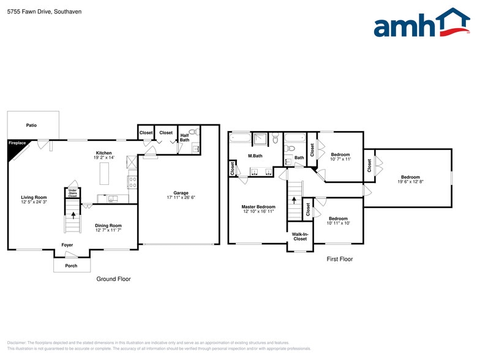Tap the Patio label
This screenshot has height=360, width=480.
31,126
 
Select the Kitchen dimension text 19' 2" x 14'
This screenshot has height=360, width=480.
103,158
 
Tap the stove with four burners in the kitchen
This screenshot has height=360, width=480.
132,181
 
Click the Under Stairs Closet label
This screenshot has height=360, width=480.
72,193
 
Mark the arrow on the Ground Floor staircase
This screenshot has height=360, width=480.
73,215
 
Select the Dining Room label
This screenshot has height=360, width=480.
108,225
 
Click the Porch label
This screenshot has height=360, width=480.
71,266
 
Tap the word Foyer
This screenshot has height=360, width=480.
67,245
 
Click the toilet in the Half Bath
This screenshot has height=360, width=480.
192,131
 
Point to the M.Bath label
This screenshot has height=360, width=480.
255,156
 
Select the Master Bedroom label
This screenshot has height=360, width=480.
258,207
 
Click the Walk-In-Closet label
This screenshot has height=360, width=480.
299,236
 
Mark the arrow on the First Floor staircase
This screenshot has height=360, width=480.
294,199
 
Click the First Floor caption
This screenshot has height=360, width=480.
339,259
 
